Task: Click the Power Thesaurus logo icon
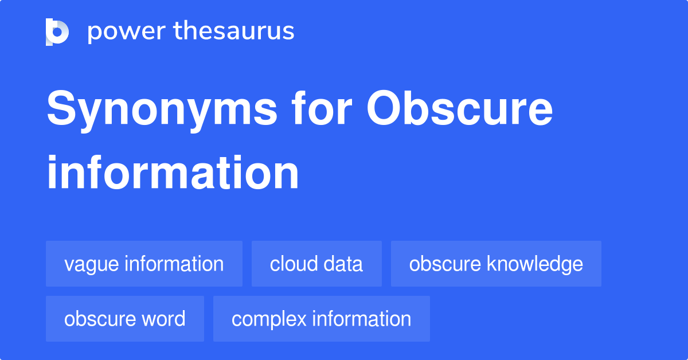click(x=57, y=32)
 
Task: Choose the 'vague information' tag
click(x=144, y=264)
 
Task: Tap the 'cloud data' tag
click(x=316, y=264)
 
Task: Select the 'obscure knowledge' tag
click(x=496, y=264)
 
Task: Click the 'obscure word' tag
click(x=125, y=319)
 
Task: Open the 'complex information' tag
click(x=321, y=319)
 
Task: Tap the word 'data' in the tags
click(x=343, y=264)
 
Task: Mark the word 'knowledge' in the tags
click(x=535, y=264)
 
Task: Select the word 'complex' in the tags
click(x=268, y=319)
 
